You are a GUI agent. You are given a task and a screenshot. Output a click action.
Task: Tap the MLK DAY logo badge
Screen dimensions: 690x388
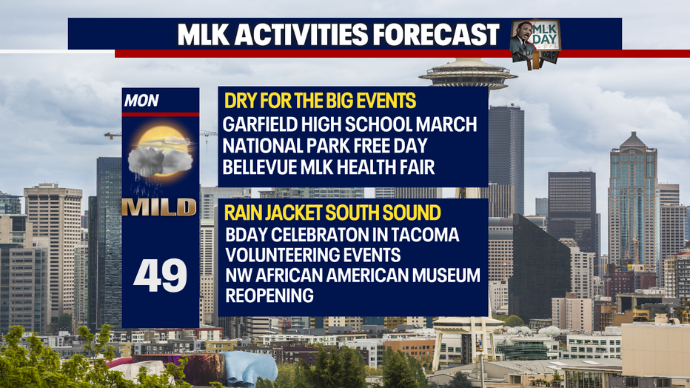click(535, 44)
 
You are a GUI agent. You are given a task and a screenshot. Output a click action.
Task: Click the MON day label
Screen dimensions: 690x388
click(141, 101)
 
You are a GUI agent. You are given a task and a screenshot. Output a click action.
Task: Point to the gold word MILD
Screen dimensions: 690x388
click(159, 207)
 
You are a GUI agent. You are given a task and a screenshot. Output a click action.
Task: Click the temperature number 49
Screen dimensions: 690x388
click(160, 275)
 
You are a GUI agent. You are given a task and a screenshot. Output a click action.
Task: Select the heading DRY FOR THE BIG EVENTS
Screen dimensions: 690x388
click(320, 101)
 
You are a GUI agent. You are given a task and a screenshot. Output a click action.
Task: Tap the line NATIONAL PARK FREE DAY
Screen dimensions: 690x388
click(325, 146)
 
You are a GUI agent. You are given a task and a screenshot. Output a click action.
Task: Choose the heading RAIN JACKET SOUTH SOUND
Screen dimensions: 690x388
click(332, 213)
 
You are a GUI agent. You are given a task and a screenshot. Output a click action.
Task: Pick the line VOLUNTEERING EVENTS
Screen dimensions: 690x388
click(313, 255)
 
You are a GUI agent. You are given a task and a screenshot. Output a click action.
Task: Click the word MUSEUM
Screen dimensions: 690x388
click(444, 275)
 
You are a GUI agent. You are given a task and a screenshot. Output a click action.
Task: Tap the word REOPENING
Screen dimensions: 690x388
click(269, 295)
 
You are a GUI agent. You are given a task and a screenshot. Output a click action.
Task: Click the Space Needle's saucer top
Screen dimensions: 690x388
click(468, 73)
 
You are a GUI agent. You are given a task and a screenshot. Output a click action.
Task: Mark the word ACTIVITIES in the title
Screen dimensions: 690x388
click(301, 34)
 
